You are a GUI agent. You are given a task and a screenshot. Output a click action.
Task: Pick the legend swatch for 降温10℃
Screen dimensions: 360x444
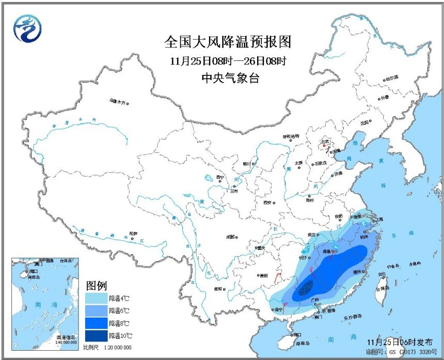point(96,335)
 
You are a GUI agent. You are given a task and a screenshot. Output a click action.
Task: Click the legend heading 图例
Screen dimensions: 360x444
point(96,286)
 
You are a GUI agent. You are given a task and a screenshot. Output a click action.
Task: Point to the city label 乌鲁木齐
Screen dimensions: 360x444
point(117,102)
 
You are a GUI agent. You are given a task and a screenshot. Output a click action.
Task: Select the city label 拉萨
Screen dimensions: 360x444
point(134,233)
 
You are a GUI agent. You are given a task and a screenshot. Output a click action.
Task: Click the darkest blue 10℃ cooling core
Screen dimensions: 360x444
point(306,287)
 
